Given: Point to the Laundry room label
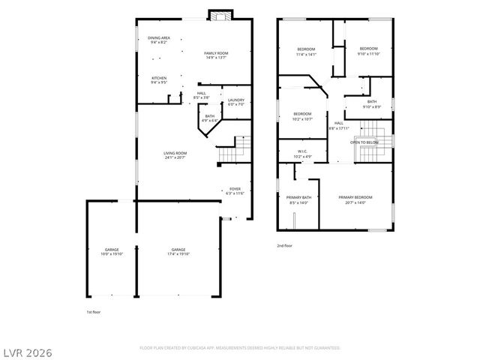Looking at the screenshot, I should [x=235, y=101].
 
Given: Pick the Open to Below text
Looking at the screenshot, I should [x=364, y=142].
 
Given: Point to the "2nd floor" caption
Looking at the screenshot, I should [x=284, y=245].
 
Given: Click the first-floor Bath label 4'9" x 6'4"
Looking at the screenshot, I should [x=210, y=118].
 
